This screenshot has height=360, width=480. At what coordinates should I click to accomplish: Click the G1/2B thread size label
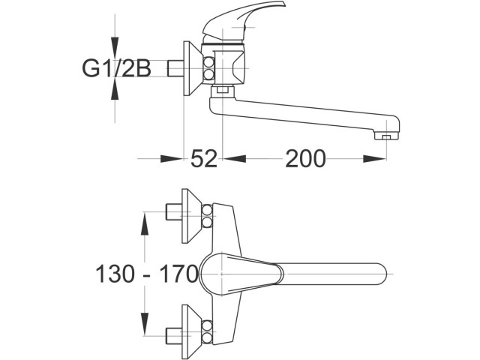coord(116,70)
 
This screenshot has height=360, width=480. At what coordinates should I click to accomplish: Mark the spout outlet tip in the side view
coord(385,136)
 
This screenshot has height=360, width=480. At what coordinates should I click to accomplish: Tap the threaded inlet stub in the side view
coord(176,70)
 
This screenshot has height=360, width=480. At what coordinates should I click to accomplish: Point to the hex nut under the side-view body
coord(220,92)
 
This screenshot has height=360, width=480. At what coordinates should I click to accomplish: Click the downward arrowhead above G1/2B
coord(115,52)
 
